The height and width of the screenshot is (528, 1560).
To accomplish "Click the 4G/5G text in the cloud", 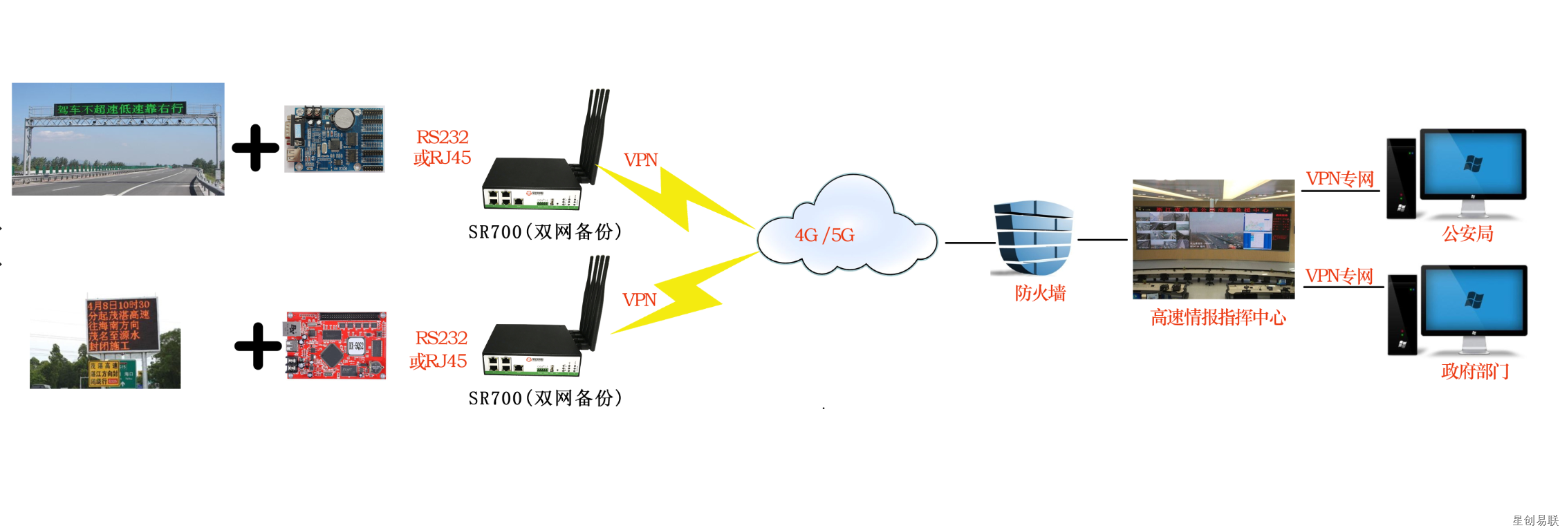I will pos(824,235).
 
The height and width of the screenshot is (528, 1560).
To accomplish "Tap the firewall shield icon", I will pos(1033,237).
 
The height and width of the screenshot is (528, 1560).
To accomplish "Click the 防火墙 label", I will pos(1040,293).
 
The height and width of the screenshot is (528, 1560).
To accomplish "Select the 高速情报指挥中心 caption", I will pos(1218,317).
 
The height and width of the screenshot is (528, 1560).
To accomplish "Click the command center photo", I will pos(1213,239).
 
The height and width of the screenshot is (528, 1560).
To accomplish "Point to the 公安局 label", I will pos(1467,234).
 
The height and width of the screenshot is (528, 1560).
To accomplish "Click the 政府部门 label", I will pos(1474,371).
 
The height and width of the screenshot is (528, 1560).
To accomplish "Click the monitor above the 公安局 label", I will pos(1473,166).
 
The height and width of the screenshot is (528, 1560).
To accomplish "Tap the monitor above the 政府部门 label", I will pos(1474,302).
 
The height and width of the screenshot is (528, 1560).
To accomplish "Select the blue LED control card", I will pos(335,139).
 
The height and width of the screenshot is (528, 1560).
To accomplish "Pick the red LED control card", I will pos(336,345).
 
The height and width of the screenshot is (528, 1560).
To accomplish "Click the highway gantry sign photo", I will pos(118,139).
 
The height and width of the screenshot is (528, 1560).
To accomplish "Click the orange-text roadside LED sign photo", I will pos(105,343).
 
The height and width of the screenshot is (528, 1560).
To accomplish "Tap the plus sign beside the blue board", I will pos(255,148).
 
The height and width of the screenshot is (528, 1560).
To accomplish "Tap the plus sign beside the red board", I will pos(258,346).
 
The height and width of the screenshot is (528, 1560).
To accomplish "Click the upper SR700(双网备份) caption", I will pos(545,232).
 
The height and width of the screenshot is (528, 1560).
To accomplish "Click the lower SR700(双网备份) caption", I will pos(545,398).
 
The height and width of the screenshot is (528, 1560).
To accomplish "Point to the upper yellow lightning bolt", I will pos(674,198).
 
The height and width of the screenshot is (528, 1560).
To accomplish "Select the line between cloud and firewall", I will pos(969,243).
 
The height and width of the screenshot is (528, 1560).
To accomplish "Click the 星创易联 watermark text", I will pos(1535,520).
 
